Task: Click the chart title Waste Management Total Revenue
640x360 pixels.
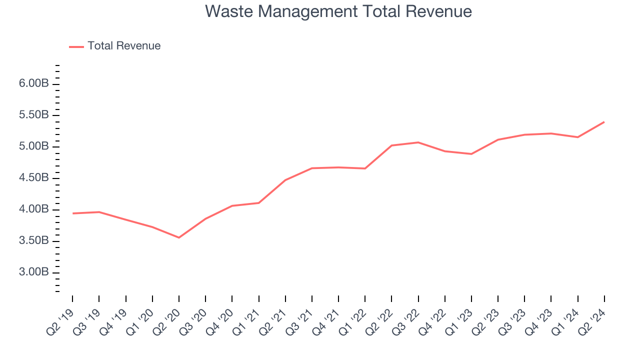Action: tap(338, 11)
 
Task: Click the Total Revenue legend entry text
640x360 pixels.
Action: tap(124, 46)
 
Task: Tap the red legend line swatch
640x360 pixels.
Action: tap(76, 46)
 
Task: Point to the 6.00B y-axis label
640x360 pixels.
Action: tap(33, 83)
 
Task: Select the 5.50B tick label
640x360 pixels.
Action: tap(33, 115)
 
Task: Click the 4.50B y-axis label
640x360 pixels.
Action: tap(33, 178)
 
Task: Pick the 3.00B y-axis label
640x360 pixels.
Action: tap(33, 272)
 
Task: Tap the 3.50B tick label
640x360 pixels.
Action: tap(33, 241)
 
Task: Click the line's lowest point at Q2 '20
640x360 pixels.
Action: tap(179, 237)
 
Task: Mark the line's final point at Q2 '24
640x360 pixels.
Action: tap(604, 122)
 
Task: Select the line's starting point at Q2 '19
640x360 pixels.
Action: tap(73, 213)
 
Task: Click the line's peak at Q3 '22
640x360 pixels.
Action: tap(418, 142)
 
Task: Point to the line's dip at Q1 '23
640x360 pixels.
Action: tap(471, 154)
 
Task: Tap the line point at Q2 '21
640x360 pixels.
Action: tap(285, 180)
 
